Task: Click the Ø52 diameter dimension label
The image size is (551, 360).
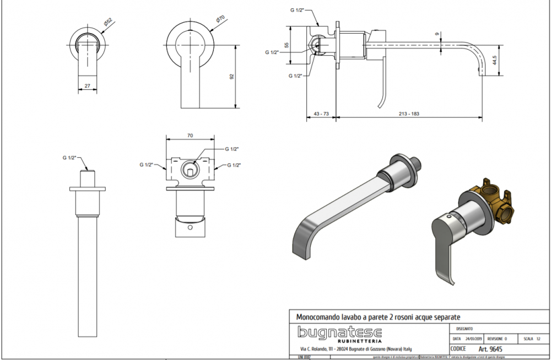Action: pyautogui.click(x=107, y=22)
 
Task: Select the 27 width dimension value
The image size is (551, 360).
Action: pyautogui.click(x=87, y=86)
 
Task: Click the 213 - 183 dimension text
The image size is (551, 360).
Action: pyautogui.click(x=408, y=114)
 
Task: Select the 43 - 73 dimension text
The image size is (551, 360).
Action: pyautogui.click(x=321, y=114)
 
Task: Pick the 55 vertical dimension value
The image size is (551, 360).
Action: pyautogui.click(x=287, y=45)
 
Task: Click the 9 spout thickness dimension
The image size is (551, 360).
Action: pyautogui.click(x=437, y=35)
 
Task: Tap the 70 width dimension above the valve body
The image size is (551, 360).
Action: pyautogui.click(x=190, y=135)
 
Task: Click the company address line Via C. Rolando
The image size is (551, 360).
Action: pyautogui.click(x=355, y=349)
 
